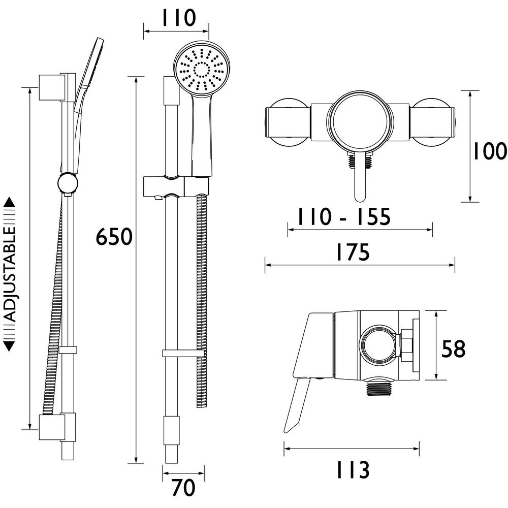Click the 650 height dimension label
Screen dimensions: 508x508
click(x=114, y=237)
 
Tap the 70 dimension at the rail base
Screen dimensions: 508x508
click(x=183, y=488)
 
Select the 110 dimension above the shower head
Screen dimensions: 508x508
click(x=178, y=18)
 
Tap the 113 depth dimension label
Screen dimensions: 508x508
click(x=352, y=470)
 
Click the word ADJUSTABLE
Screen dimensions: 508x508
click(x=10, y=274)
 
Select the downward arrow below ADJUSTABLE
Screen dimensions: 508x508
click(x=10, y=345)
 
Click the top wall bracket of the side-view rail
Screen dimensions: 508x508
click(x=52, y=87)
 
